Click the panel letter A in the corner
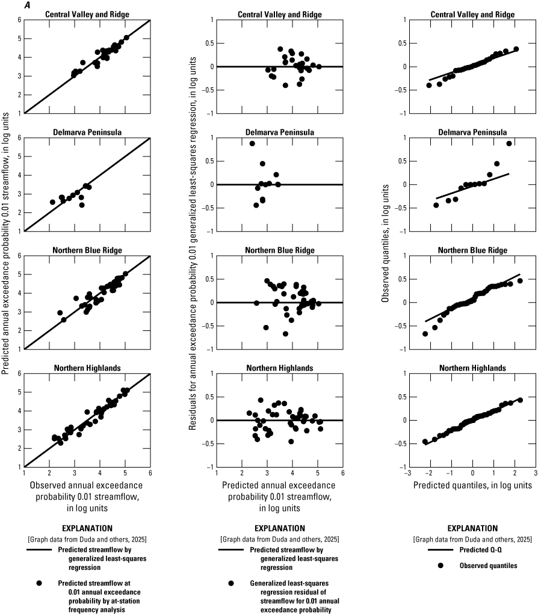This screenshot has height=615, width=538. pos(5,5)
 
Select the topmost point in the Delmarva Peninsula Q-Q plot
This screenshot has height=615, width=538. pos(509,143)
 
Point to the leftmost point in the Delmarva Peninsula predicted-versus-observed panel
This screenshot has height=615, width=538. pos(52,202)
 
